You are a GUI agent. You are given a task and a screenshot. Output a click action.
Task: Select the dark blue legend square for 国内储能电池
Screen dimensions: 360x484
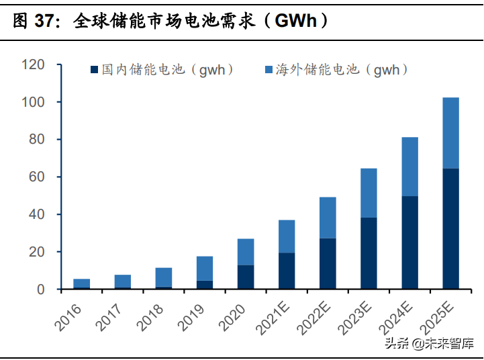point(94,69)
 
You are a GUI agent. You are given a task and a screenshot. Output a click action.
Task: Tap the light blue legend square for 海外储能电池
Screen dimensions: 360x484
point(269,69)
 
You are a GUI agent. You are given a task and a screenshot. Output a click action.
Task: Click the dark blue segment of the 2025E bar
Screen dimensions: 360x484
point(450,228)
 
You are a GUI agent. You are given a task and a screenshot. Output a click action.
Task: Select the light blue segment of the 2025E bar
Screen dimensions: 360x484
point(450,133)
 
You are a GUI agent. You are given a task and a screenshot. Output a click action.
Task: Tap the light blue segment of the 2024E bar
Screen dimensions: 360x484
point(409,167)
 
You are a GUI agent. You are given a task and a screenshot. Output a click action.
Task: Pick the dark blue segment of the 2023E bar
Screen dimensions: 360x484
point(369,253)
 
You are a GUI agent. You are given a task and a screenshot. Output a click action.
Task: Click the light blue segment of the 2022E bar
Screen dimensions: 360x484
point(328,218)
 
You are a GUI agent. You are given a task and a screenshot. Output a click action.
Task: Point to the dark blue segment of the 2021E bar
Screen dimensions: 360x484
point(287,271)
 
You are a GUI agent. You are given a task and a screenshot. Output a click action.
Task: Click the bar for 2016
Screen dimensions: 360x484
point(82,283)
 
